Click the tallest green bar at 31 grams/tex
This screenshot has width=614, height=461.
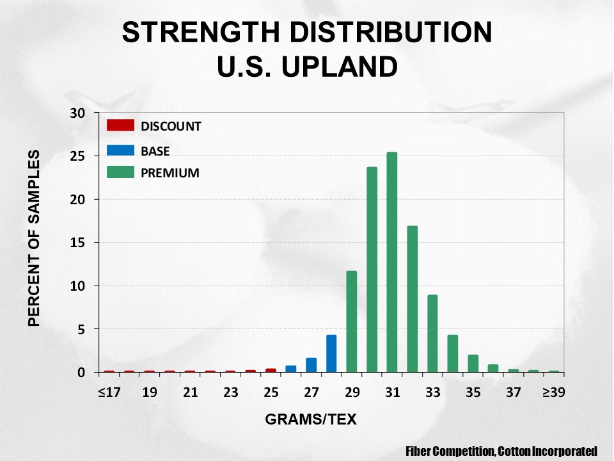point(391,262)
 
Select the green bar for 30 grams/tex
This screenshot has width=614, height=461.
point(372,270)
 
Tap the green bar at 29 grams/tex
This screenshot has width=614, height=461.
point(352,321)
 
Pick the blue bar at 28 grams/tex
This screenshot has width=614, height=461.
point(331,353)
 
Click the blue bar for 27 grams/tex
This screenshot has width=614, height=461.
point(311,365)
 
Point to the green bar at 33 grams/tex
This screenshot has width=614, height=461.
point(432,333)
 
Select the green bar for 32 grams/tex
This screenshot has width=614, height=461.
point(413,299)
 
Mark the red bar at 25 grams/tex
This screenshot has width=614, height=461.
point(271,371)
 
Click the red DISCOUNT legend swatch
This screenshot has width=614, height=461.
point(121,125)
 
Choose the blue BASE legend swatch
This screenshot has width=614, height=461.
point(121,150)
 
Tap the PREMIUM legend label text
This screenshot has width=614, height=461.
point(170,173)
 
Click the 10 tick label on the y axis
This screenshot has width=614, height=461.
point(77,286)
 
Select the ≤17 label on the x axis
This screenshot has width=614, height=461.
point(109,392)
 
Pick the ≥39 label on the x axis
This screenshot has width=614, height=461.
point(554,392)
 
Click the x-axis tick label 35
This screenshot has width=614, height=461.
point(473,392)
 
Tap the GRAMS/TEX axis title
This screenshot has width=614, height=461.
point(311,419)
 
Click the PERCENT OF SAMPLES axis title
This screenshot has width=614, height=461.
point(35,238)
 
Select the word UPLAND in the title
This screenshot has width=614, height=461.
point(340,66)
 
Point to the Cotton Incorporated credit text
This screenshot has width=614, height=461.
point(547,451)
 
